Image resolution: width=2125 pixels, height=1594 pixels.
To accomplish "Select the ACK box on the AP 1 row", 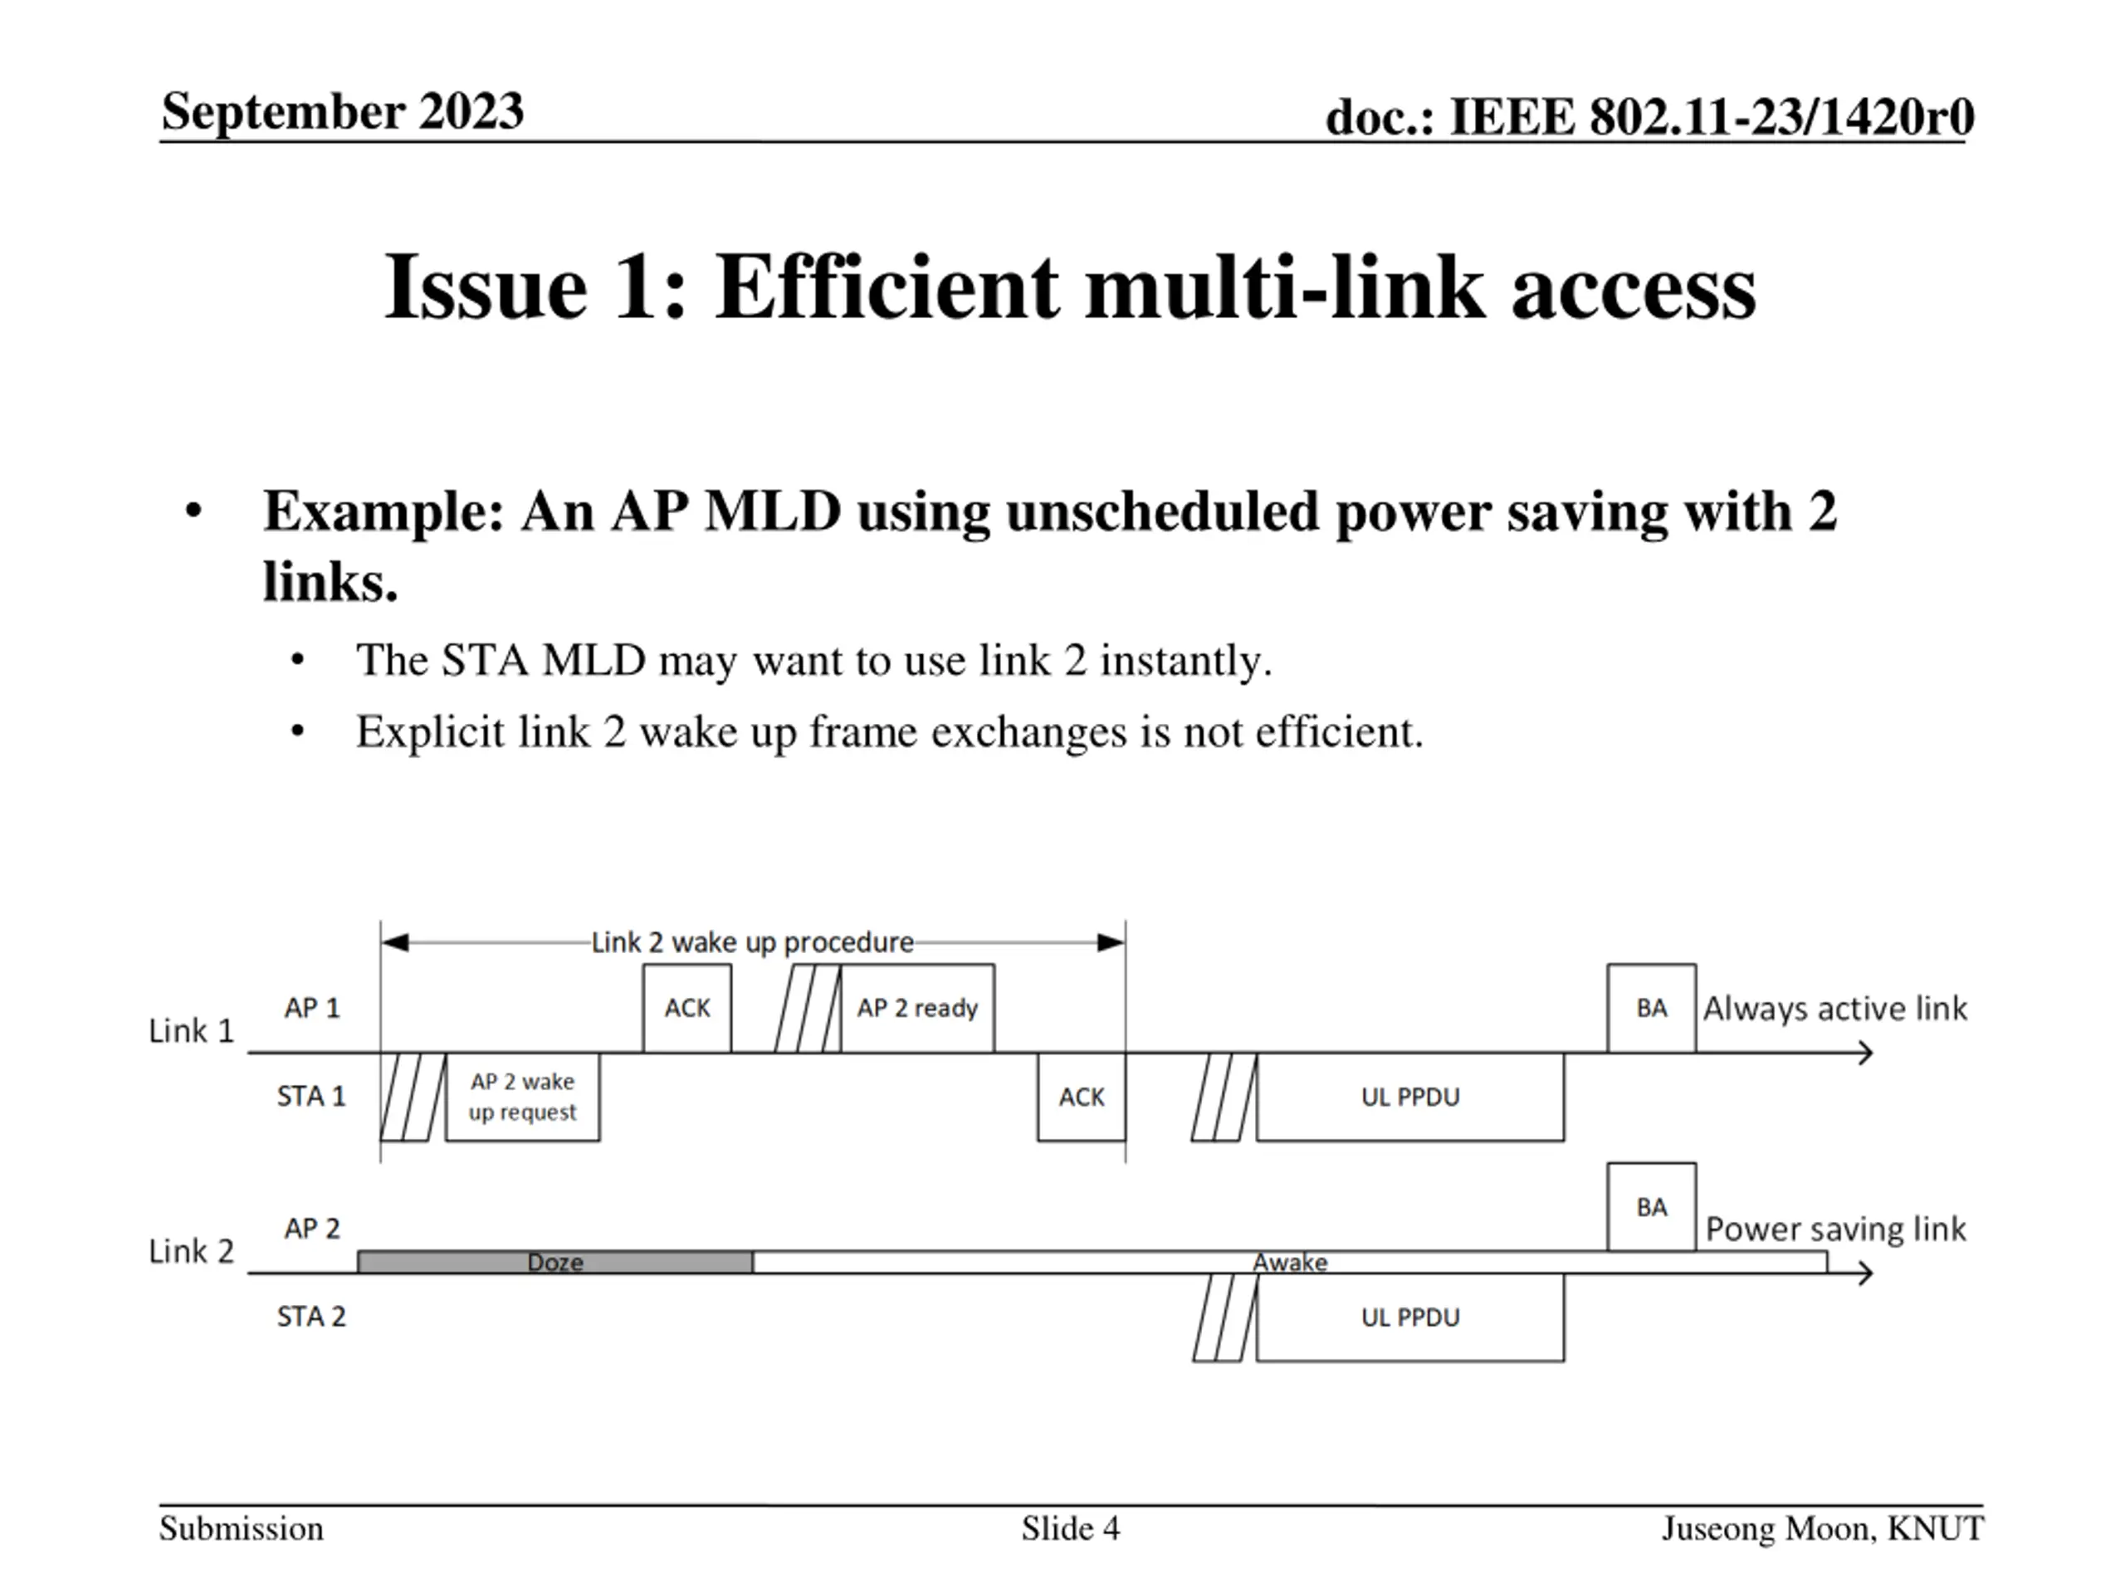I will coord(686,1008).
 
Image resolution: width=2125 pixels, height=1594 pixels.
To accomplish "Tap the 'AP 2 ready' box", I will coord(916,1008).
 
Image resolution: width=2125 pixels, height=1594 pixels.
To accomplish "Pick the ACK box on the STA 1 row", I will coord(1081,1097).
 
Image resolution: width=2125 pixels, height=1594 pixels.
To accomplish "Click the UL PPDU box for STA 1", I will coord(1409,1097).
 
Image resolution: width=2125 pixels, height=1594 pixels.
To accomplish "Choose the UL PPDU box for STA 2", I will coord(1409,1317).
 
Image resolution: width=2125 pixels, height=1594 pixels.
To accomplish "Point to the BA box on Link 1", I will coord(1650,1008).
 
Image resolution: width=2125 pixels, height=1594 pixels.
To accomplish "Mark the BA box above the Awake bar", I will coord(1650,1207).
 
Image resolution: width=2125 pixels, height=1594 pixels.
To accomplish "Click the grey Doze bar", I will coord(554,1262).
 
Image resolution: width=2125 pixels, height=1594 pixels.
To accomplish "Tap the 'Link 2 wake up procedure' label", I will coord(751,941).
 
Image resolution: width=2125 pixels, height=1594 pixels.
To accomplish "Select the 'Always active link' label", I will coord(1834,1008).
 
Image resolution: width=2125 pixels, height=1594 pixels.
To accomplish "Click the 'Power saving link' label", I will coord(1834,1229).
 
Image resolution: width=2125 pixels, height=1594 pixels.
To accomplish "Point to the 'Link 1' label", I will coord(191,1031).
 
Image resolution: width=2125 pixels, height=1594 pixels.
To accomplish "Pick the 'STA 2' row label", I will coord(310,1317).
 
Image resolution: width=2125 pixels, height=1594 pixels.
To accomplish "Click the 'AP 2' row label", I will coord(311,1228).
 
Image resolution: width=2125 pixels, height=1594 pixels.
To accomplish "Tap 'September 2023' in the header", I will coord(342,110).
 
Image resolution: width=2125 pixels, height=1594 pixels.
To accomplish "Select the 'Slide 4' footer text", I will coord(1070,1528).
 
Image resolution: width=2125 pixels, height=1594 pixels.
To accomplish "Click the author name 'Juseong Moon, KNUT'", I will coord(1821,1528).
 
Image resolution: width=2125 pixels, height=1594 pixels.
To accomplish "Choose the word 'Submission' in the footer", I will coord(241,1528).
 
